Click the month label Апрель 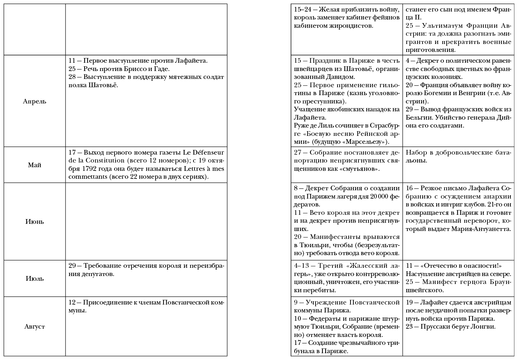tap(35, 101)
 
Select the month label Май tap(35, 165)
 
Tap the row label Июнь tap(35, 222)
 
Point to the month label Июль tap(35, 279)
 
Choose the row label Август tap(35, 326)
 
